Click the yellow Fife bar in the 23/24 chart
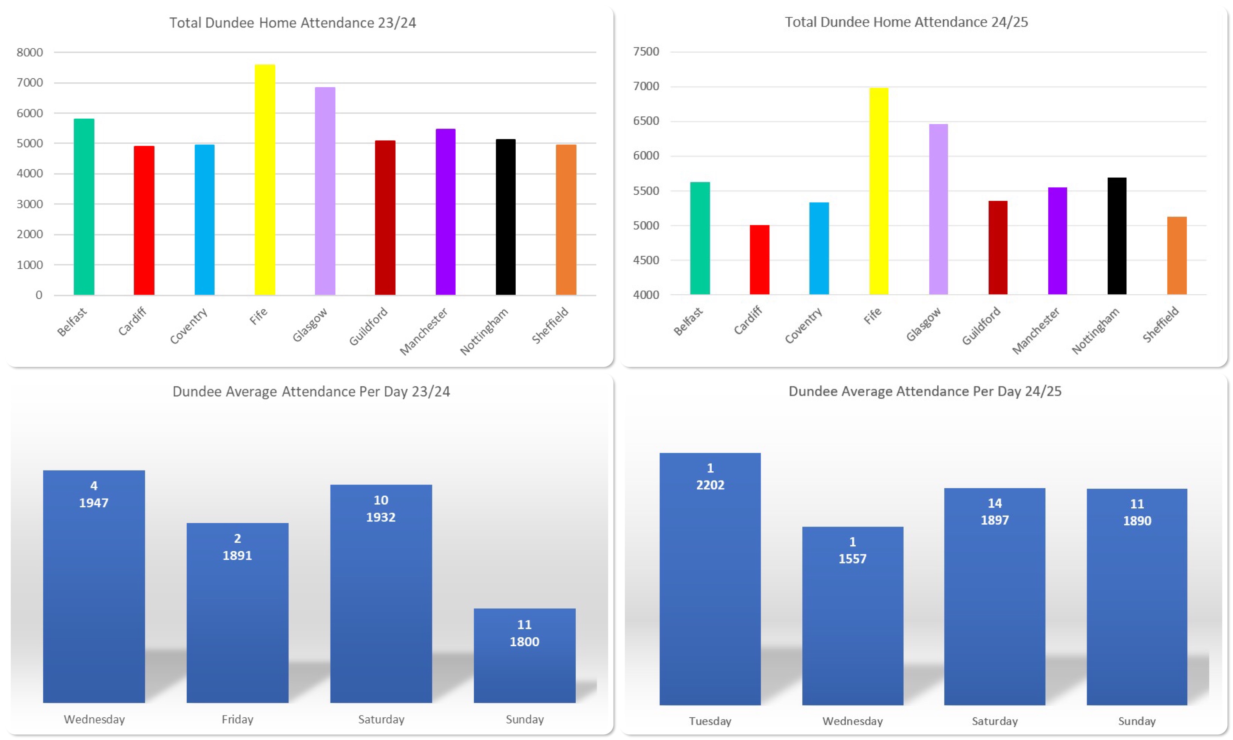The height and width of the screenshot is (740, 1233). (265, 180)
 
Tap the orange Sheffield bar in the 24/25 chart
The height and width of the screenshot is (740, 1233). (1176, 255)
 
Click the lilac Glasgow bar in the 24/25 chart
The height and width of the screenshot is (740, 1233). (938, 209)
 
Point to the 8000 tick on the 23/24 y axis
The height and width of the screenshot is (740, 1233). (29, 53)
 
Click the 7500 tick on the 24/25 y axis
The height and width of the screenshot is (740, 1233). (646, 51)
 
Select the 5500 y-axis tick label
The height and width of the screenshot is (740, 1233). (646, 191)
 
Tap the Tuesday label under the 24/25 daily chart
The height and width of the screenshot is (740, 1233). (710, 721)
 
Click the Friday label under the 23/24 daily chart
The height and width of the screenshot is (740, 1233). (237, 719)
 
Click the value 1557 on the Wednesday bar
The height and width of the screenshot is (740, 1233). (852, 559)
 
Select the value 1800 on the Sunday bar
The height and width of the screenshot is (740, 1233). (524, 642)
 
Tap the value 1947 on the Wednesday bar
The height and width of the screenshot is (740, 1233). (94, 503)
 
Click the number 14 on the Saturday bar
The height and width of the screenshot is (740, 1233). (994, 503)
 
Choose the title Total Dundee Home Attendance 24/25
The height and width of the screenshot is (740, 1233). (906, 22)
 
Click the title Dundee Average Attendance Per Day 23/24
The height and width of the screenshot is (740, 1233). (311, 392)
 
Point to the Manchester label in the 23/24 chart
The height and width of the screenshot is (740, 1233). (424, 331)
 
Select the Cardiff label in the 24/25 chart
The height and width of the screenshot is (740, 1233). (748, 320)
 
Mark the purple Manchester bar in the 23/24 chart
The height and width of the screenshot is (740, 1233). (445, 212)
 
